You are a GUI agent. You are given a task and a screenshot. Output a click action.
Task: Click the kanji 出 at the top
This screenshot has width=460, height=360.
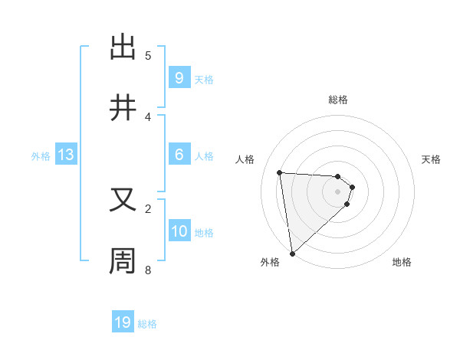pyautogui.click(x=123, y=47)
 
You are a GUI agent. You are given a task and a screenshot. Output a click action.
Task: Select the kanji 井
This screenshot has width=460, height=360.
pyautogui.click(x=123, y=108)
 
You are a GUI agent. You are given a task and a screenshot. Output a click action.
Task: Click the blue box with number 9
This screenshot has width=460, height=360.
pyautogui.click(x=179, y=78)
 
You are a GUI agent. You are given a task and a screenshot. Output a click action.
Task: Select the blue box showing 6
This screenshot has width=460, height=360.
pyautogui.click(x=179, y=155)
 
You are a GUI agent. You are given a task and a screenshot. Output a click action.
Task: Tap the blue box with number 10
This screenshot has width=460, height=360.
pyautogui.click(x=179, y=231)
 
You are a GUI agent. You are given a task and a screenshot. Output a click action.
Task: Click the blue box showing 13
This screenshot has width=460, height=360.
pyautogui.click(x=66, y=155)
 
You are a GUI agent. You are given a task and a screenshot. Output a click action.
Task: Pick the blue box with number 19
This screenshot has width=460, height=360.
pyautogui.click(x=123, y=322)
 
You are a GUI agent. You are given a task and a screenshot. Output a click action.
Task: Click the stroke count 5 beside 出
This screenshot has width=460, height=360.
pyautogui.click(x=148, y=55)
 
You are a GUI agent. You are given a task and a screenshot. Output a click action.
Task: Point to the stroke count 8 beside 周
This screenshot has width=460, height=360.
pyautogui.click(x=148, y=270)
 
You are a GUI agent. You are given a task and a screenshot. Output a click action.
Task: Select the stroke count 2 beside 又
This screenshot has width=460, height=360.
pyautogui.click(x=148, y=208)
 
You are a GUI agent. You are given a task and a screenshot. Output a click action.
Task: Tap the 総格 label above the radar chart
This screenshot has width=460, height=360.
pyautogui.click(x=338, y=100)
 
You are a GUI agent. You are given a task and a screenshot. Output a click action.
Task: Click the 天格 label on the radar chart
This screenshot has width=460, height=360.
pyautogui.click(x=432, y=159)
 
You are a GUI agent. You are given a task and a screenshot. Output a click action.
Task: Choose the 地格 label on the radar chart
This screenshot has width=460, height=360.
pyautogui.click(x=402, y=262)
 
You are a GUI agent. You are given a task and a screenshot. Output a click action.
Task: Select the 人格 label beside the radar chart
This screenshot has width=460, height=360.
pyautogui.click(x=245, y=159)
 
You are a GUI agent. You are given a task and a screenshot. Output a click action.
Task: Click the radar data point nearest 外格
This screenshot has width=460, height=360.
pyautogui.click(x=292, y=253)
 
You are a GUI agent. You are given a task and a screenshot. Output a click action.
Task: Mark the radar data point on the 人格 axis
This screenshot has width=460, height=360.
pyautogui.click(x=280, y=172)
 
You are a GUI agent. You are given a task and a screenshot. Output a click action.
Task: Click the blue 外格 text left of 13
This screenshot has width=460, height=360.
pyautogui.click(x=40, y=155)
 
